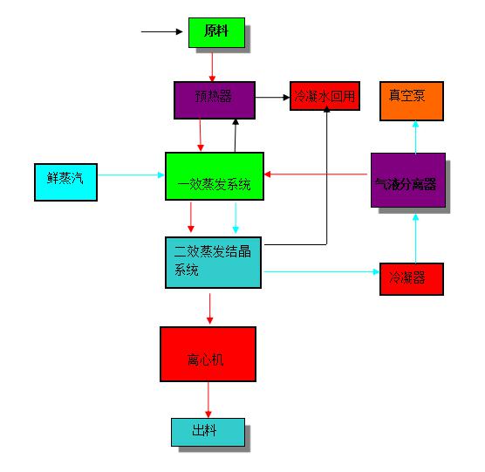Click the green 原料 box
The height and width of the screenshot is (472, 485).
tap(216, 32)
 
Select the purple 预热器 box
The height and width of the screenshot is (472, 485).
tap(215, 100)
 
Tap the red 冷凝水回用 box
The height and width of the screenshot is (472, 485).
tap(324, 96)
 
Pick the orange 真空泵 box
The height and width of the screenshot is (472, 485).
tap(412, 101)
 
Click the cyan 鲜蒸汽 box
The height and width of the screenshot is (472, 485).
tap(66, 182)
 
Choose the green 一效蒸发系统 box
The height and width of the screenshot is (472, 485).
tap(215, 176)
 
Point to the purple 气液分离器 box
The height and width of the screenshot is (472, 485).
tap(408, 180)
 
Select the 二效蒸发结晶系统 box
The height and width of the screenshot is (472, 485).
tap(213, 263)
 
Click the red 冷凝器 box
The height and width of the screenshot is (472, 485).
tap(412, 279)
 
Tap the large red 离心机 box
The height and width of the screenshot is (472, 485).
tap(208, 354)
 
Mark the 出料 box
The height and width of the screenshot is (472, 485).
tap(208, 432)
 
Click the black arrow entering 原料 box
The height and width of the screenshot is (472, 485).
tap(161, 31)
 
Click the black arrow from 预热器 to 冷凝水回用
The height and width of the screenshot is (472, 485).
tap(272, 98)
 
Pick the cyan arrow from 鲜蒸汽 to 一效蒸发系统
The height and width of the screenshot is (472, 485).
tap(131, 175)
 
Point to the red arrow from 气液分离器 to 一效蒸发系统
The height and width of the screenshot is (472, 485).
tap(316, 174)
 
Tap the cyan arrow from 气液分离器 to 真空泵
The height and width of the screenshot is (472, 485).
tap(416, 137)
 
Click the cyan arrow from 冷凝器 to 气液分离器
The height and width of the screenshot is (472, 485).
tap(416, 238)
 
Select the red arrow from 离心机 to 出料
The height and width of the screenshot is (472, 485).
tap(208, 400)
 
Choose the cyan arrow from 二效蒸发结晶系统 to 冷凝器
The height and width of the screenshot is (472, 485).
tap(322, 272)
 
